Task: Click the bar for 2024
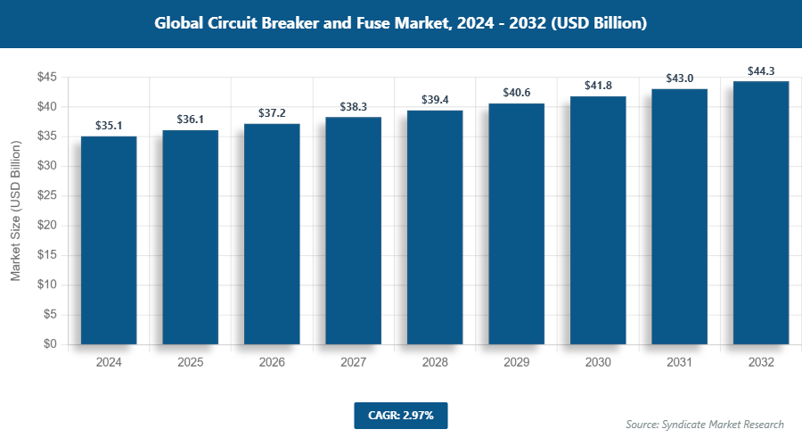[x=109, y=240]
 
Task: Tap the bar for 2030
[x=598, y=220]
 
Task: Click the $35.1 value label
[x=109, y=127]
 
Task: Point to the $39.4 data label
[x=435, y=101]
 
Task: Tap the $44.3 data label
[x=761, y=71]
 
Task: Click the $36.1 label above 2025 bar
[x=190, y=120]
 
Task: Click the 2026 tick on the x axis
[x=272, y=363]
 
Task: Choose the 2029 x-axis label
[x=516, y=363]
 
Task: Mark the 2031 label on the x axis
[x=679, y=363]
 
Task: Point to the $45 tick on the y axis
[x=47, y=78]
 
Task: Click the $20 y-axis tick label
[x=47, y=226]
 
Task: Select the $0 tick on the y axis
[x=51, y=344]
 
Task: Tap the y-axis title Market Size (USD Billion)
[x=15, y=211]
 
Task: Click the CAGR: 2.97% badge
[x=400, y=415]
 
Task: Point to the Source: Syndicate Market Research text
[x=704, y=424]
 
